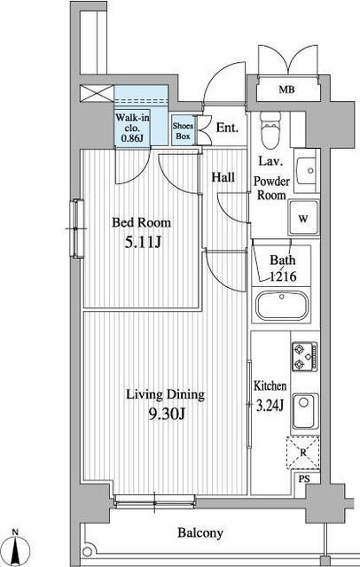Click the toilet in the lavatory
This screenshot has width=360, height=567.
270,130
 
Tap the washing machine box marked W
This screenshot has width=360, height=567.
303,218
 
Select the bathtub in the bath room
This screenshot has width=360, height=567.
282,306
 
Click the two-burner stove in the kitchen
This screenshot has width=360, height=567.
305,356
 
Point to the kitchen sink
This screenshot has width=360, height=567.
305,411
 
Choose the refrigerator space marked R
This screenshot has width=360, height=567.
303,453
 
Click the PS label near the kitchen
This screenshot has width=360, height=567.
304,478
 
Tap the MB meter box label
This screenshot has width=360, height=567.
286,89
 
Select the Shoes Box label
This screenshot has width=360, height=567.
183,131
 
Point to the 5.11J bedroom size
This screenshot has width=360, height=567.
142,242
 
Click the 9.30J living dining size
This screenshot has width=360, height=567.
167,414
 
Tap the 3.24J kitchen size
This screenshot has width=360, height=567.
270,406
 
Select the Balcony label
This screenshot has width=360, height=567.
200,532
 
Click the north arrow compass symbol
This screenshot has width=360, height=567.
16,548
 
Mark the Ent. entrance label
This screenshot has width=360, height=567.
227,128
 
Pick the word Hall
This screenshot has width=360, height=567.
223,177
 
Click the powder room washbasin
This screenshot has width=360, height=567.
307,171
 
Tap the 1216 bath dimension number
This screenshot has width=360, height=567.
283,276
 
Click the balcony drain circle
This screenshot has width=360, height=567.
87,552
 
